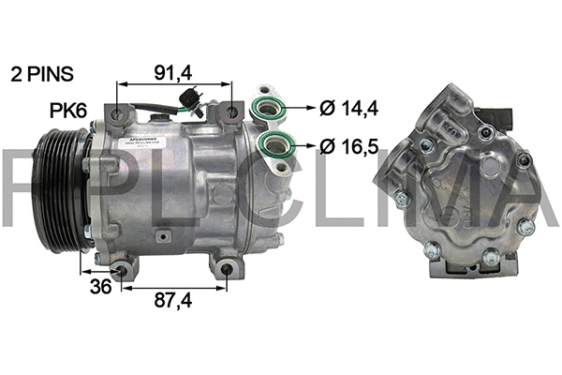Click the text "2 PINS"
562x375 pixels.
click(42, 72)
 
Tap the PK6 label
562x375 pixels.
click(67, 111)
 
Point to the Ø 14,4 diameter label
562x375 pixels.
click(348, 109)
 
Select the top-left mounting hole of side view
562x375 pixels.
click(117, 113)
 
